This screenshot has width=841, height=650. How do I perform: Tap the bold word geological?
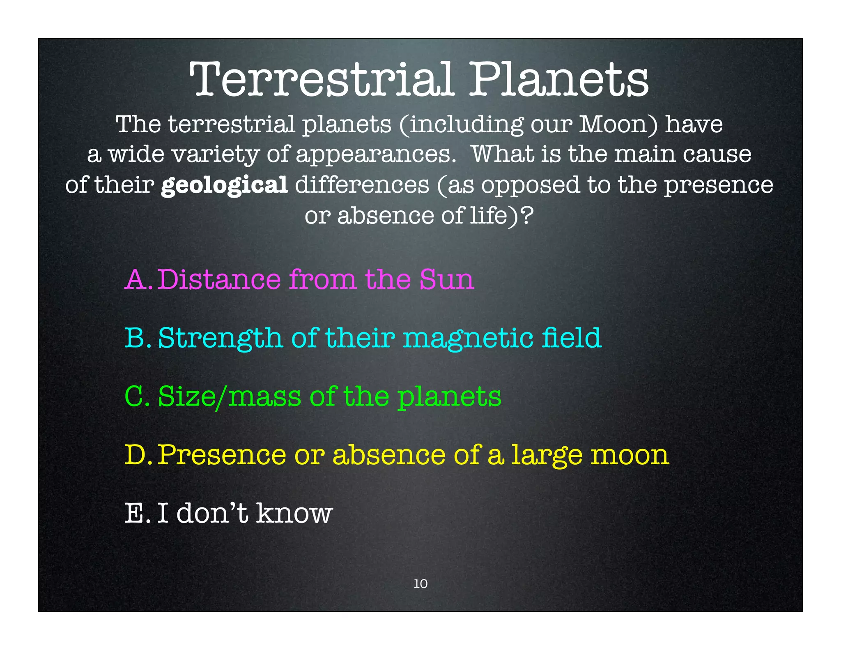[224, 185]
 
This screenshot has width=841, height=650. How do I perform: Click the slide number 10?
[420, 583]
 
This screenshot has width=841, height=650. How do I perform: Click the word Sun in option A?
[446, 280]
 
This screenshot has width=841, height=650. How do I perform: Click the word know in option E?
[294, 514]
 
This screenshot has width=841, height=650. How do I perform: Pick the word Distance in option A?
[219, 280]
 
